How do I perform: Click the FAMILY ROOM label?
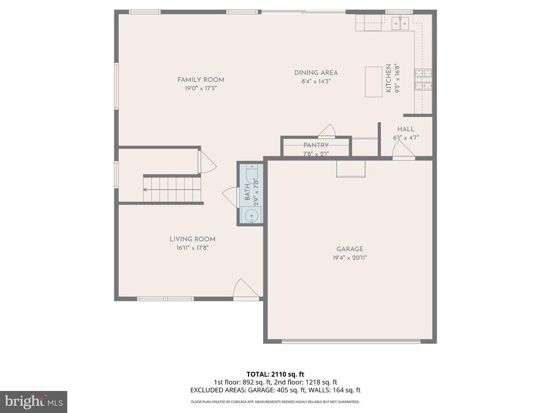[201, 80]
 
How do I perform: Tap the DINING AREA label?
[316, 73]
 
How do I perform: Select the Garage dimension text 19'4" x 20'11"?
[350, 258]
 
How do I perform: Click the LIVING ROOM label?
[193, 239]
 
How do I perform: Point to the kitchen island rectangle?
[373, 82]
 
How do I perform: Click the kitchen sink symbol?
[400, 22]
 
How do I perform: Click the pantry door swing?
[327, 131]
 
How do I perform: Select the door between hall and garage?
[404, 153]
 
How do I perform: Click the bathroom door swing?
[230, 196]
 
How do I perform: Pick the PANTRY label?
[316, 145]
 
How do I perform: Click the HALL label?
[406, 129]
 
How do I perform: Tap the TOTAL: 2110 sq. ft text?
[275, 374]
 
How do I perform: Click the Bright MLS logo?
[33, 401]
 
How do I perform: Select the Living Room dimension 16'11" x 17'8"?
[193, 248]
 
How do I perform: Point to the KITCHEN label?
[388, 79]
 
